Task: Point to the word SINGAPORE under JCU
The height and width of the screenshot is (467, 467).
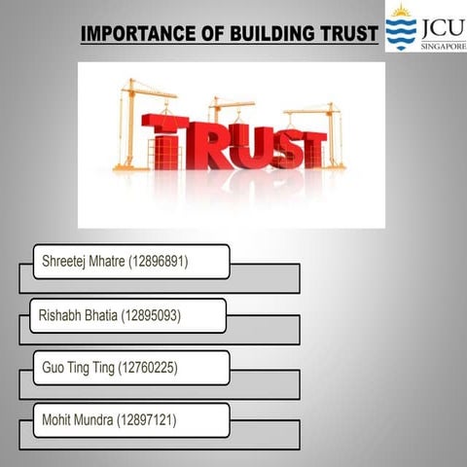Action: (443, 45)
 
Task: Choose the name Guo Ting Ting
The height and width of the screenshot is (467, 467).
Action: (78, 368)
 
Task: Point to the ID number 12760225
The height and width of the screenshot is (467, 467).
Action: (148, 368)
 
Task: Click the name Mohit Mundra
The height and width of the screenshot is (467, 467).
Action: (78, 420)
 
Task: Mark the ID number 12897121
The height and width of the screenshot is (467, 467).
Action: (148, 420)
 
